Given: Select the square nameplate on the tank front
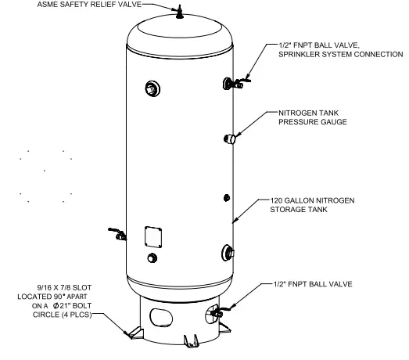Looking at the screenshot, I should coord(152,237).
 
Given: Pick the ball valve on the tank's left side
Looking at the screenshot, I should coord(117,234).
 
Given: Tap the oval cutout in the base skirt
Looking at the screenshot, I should coord(161,317).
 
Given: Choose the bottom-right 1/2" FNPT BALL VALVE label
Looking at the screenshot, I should coord(310,284).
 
